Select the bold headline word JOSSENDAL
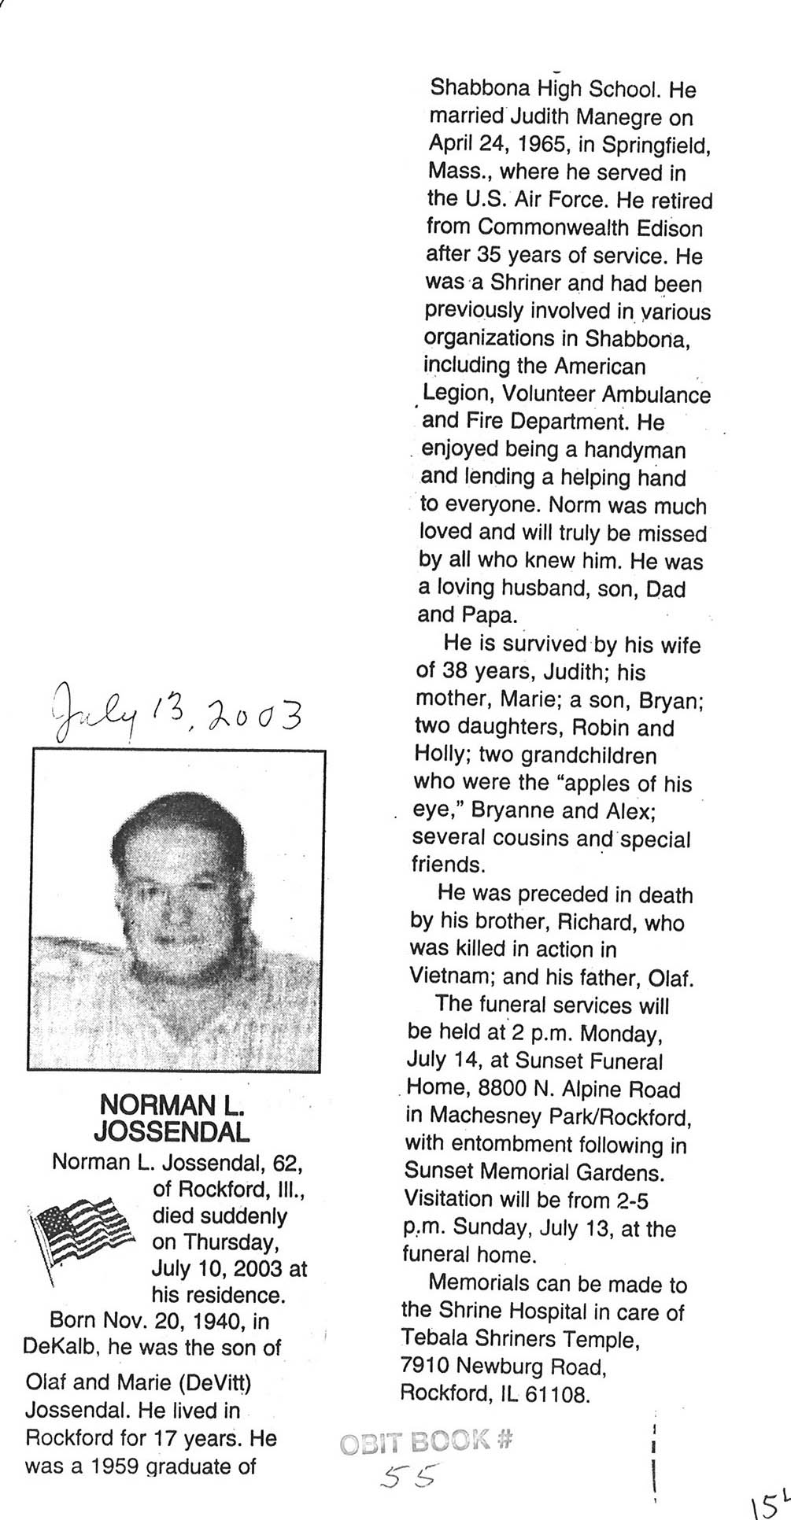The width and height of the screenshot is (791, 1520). (172, 1131)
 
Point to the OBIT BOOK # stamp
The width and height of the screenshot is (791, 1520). (427, 1441)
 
